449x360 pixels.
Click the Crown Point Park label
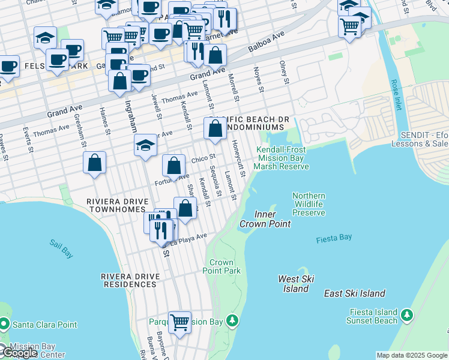[x=221, y=267]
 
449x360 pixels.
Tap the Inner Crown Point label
[x=265, y=219]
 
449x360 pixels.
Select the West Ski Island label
[x=296, y=284]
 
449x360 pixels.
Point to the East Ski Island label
[x=355, y=293]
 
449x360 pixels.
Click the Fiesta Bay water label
[x=334, y=239]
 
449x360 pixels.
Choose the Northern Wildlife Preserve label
[x=309, y=205]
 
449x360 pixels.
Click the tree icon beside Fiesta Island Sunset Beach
[x=407, y=315]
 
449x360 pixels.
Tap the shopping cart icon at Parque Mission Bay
[x=179, y=322]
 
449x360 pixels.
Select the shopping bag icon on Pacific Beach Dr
[x=215, y=128]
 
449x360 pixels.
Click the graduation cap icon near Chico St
[x=145, y=145]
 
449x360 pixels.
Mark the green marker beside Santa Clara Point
[x=4, y=325]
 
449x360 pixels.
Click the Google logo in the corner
[x=19, y=353]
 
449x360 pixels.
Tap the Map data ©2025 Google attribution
[x=411, y=355]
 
